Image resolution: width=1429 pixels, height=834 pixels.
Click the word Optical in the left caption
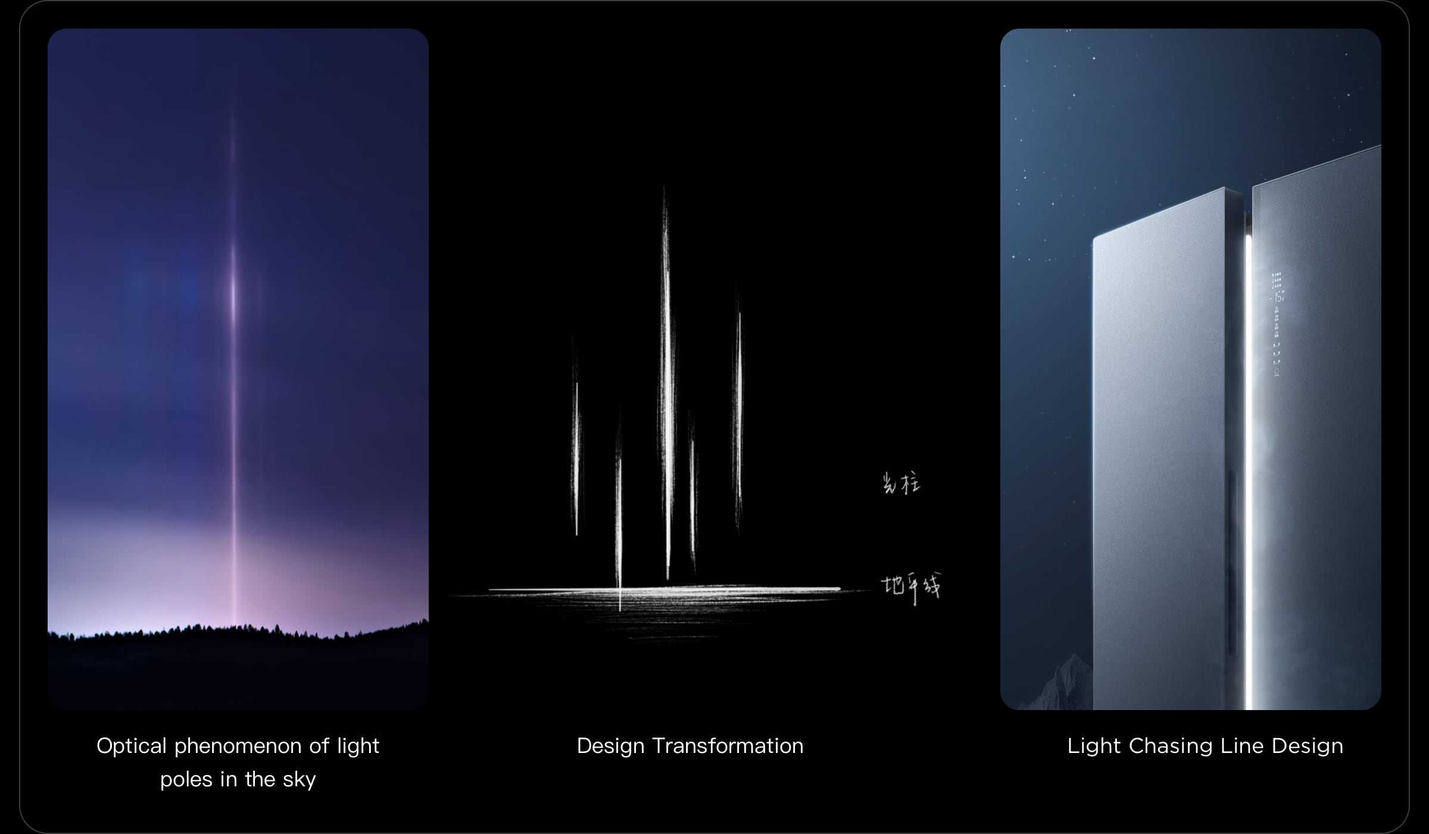[x=132, y=746]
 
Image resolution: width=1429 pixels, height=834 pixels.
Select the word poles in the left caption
[x=186, y=779]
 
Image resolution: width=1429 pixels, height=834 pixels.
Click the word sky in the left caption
[x=299, y=779]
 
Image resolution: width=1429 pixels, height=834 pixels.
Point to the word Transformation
[x=728, y=746]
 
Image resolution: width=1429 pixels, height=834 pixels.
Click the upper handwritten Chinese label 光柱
[x=901, y=483]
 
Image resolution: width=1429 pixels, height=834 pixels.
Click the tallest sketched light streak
[x=667, y=381]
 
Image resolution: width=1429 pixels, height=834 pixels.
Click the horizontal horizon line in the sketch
[x=661, y=590]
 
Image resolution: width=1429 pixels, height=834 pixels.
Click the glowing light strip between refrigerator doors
[x=1248, y=477]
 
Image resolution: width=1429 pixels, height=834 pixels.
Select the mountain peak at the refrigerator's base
[x=1072, y=661]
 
